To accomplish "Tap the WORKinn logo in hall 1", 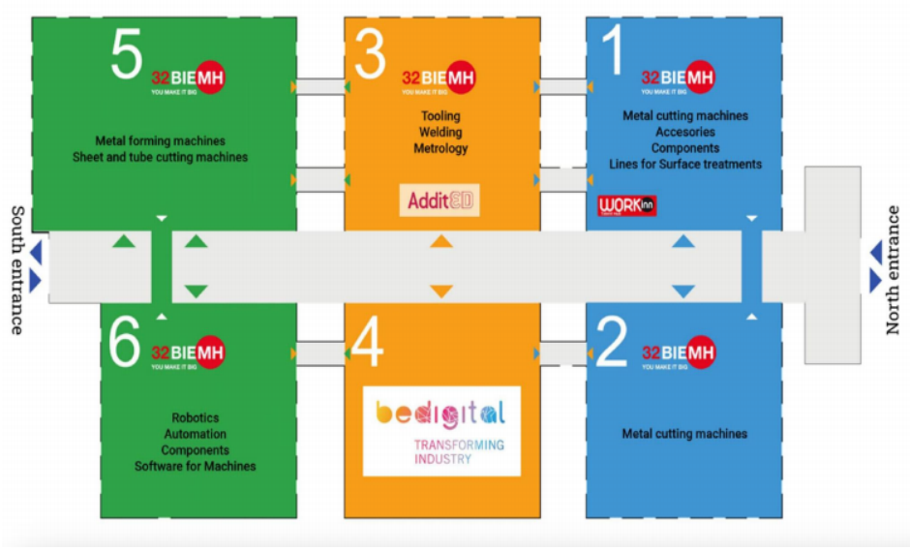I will click(627, 206).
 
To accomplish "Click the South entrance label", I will click(16, 269).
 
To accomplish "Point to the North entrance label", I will click(893, 269).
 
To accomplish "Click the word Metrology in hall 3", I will click(440, 148).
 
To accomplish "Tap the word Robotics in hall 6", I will click(195, 417).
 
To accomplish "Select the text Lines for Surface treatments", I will click(684, 164).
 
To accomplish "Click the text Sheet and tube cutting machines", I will click(160, 157).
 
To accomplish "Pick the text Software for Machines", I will click(195, 466).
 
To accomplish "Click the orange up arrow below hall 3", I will click(441, 242).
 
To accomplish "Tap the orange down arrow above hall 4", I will click(441, 291).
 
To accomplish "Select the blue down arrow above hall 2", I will click(683, 291).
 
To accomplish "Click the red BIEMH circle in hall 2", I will click(700, 353).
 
